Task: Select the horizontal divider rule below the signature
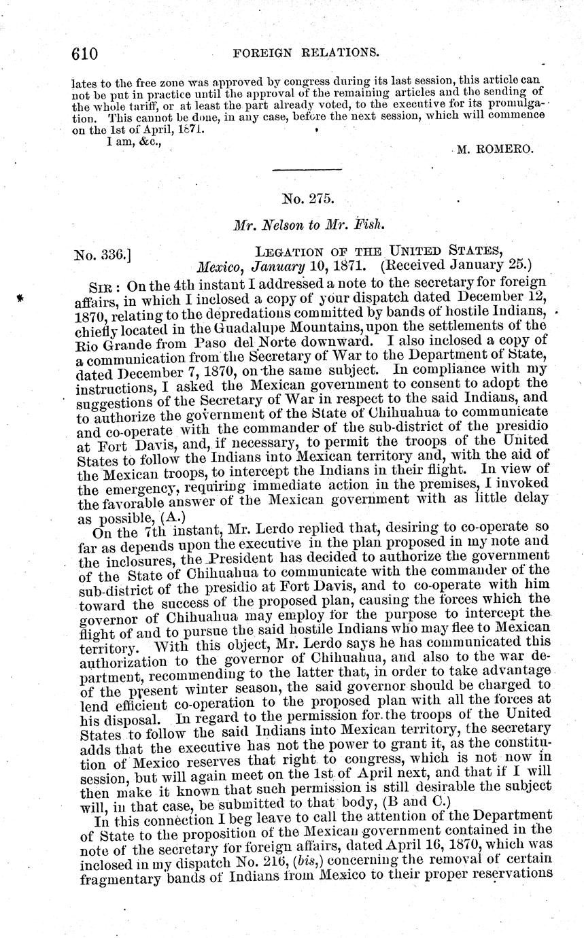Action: [307, 169]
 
